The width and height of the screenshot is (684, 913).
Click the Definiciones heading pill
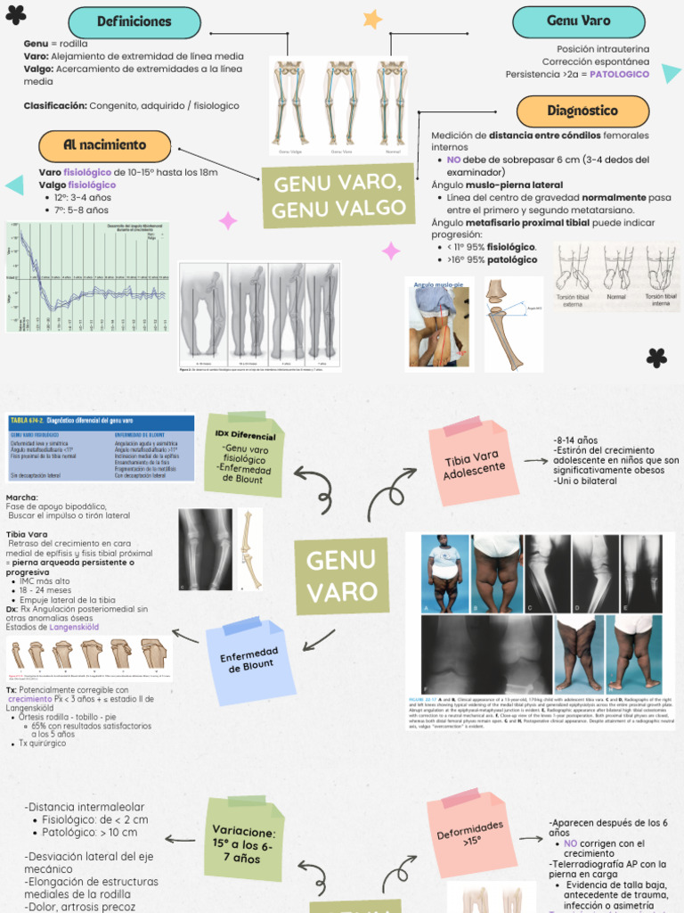[134, 22]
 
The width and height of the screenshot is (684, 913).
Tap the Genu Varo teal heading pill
[579, 21]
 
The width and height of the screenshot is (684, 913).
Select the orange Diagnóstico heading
[583, 111]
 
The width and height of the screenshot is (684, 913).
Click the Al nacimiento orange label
[104, 145]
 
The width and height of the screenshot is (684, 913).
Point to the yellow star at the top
[372, 19]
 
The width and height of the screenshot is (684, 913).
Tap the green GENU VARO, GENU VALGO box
[338, 197]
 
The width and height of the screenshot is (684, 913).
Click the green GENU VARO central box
[342, 576]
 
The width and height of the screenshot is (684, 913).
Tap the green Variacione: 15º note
[242, 838]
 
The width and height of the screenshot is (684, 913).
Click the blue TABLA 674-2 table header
[101, 420]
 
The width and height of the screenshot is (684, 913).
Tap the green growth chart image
[86, 276]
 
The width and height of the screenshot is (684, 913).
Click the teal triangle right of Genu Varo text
[671, 73]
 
